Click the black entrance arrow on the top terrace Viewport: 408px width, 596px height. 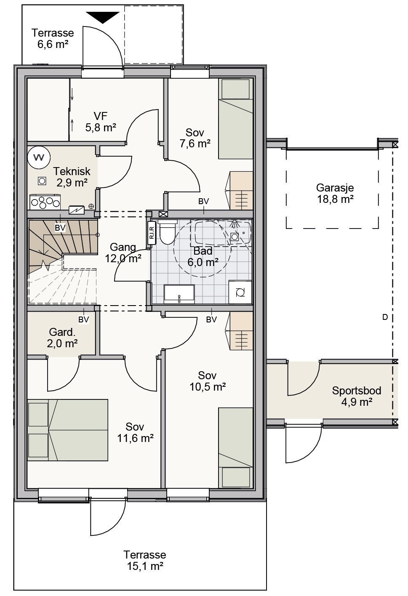103,18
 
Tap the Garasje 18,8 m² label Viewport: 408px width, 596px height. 335,193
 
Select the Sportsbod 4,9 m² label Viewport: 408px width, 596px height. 357,396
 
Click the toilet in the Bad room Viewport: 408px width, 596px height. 167,231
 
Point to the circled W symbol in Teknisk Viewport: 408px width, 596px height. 39,157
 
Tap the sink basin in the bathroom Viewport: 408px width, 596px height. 179,294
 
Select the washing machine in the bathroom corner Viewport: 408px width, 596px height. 240,292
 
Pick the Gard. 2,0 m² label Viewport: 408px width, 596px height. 62,338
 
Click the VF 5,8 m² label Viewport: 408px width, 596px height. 101,122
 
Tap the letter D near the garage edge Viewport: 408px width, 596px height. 385,317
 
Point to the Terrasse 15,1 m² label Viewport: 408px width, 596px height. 145,560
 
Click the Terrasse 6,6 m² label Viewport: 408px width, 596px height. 53,38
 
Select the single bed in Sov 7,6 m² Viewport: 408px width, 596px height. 235,119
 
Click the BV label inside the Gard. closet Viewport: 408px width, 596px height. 83,319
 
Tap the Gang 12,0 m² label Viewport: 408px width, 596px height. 123,253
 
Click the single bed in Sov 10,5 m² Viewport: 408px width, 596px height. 235,448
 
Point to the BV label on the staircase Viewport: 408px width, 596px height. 60,228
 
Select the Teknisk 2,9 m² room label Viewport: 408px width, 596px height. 72,177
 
